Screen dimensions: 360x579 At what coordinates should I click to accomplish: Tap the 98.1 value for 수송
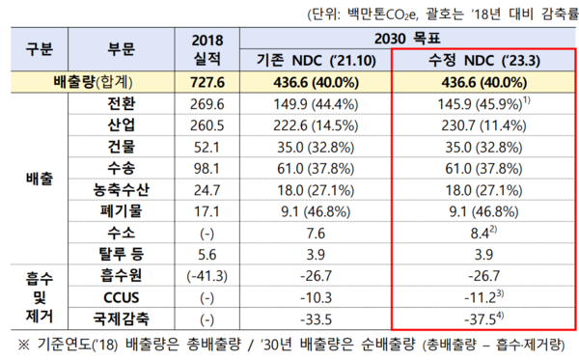(x=208, y=170)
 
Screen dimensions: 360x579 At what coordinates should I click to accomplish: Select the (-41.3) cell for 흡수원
(x=208, y=276)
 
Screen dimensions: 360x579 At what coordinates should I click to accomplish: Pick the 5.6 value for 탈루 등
(x=208, y=255)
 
